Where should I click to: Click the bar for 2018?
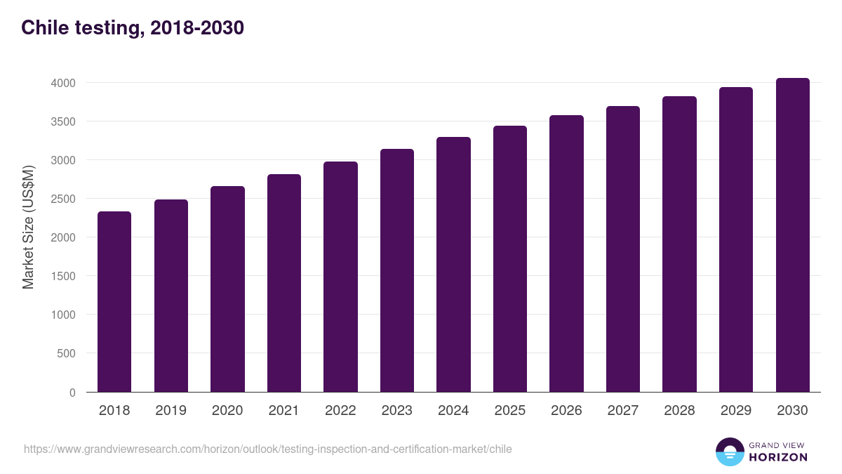(114, 302)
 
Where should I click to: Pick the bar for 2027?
(623, 249)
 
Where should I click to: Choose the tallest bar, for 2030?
(792, 235)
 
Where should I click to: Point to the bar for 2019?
(171, 296)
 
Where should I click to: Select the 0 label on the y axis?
(72, 393)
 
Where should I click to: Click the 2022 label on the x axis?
(340, 411)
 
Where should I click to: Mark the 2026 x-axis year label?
(566, 411)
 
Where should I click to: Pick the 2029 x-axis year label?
(736, 411)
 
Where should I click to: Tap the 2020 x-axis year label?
(227, 411)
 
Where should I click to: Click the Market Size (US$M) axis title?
(28, 227)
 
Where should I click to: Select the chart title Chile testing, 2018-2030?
(133, 28)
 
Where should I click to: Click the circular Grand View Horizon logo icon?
(730, 452)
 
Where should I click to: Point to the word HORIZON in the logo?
(778, 457)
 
